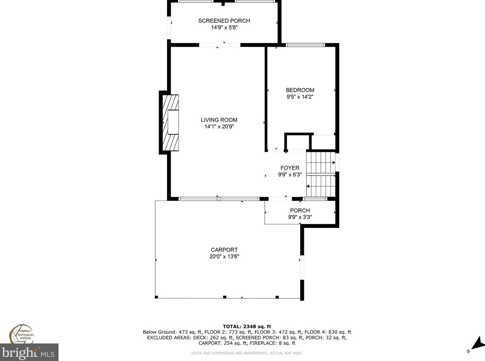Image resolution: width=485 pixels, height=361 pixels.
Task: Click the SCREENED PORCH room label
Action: tap(224, 21)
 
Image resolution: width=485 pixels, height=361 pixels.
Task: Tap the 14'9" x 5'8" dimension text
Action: tap(224, 28)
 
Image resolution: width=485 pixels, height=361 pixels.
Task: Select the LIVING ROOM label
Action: tap(219, 120)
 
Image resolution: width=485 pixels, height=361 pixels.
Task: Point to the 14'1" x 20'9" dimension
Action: tap(219, 127)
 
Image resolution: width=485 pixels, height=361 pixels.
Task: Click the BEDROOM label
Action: tap(300, 90)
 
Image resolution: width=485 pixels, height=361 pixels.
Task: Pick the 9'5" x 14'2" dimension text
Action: tap(300, 97)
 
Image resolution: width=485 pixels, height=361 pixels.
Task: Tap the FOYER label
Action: tap(290, 168)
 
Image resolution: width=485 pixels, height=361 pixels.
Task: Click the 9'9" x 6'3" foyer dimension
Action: tap(290, 175)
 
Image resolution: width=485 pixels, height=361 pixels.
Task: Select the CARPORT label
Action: tap(224, 250)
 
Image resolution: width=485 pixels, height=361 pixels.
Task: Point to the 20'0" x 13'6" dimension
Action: tap(224, 257)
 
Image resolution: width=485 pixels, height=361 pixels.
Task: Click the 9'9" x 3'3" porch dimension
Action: tap(300, 217)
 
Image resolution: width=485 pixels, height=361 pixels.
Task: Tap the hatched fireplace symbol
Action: tap(171, 123)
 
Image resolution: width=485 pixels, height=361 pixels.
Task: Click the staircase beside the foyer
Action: tap(321, 175)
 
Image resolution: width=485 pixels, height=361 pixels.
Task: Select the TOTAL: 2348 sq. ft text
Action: tap(247, 326)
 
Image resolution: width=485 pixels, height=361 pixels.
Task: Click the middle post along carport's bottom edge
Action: tap(224, 297)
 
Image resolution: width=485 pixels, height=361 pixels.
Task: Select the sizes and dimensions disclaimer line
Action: tap(247, 353)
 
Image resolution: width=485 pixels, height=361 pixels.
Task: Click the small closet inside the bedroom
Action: tap(297, 142)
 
